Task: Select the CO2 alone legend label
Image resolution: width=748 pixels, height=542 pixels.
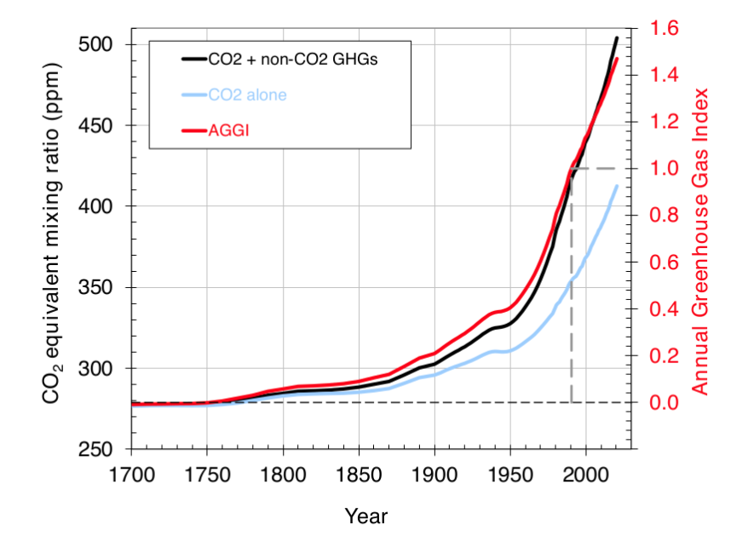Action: coord(247,95)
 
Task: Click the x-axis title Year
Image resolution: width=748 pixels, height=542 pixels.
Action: coord(366,516)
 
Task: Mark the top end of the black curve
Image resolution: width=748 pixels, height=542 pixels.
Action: coord(616,37)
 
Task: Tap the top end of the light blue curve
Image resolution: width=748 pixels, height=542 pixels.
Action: coord(616,186)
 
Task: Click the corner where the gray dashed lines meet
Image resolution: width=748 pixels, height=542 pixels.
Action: coord(571,169)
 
